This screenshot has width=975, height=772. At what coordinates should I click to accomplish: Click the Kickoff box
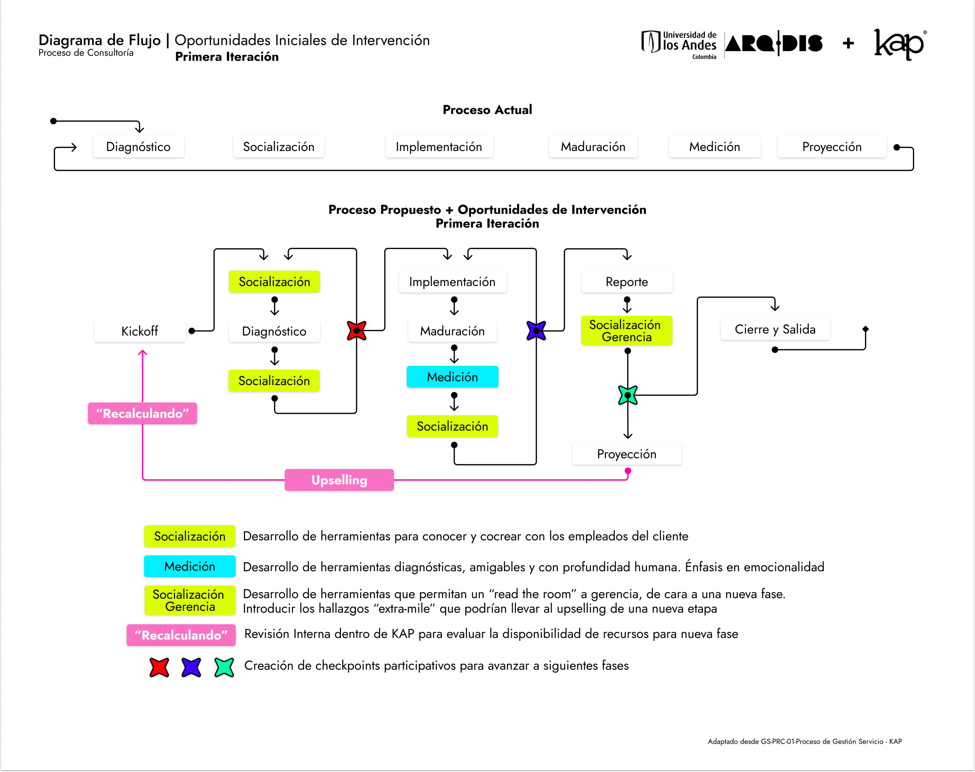point(140,331)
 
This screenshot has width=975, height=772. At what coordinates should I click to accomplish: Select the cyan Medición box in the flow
point(452,377)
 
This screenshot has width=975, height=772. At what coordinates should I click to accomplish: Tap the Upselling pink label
point(339,480)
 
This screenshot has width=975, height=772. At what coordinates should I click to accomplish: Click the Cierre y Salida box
point(775,329)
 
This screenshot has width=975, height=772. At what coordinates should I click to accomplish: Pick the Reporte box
point(627,282)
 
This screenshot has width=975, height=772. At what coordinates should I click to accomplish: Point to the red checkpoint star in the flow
point(356,330)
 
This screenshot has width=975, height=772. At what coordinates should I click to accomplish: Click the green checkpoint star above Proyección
point(628,395)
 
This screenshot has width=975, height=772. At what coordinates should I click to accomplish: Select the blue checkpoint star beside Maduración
point(536,330)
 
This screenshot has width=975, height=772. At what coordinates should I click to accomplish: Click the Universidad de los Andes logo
point(679,44)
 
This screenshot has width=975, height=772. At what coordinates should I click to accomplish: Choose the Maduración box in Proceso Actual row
point(593,146)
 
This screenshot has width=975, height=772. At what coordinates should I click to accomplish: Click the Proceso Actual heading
point(487,110)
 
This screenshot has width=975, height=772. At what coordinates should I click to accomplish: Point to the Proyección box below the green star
point(627,454)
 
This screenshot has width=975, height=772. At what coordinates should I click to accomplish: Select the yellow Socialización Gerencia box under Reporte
point(626,331)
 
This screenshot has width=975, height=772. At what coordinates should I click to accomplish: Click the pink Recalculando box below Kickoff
point(142,413)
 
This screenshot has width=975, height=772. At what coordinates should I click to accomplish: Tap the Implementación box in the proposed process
point(452,282)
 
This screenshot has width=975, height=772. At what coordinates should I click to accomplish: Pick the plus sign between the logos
point(848,43)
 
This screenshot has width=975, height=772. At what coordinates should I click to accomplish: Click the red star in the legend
point(159,667)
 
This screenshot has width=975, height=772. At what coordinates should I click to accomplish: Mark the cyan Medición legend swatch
point(189,566)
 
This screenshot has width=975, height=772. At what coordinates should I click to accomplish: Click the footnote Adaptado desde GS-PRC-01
point(804,741)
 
